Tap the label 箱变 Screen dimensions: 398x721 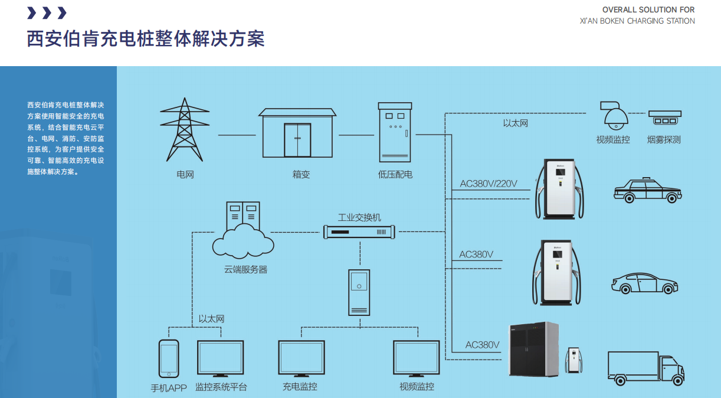tap(300, 174)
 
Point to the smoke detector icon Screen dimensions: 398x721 tap(665, 117)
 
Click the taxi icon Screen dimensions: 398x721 tap(647, 191)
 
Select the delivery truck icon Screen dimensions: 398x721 tap(645, 368)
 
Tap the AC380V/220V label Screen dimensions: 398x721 tap(489, 184)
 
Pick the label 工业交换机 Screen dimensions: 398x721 tap(359, 217)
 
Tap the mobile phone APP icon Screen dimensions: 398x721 tap(169, 358)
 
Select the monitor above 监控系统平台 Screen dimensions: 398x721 tap(220, 358)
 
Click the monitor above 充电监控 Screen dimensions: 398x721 tap(301, 358)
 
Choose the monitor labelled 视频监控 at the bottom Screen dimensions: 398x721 tap(417, 358)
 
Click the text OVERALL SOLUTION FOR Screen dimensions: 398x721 tap(648, 9)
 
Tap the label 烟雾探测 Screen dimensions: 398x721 tap(664, 140)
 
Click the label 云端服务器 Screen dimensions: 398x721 tap(245, 269)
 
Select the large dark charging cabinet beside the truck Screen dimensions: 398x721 tap(534, 350)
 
